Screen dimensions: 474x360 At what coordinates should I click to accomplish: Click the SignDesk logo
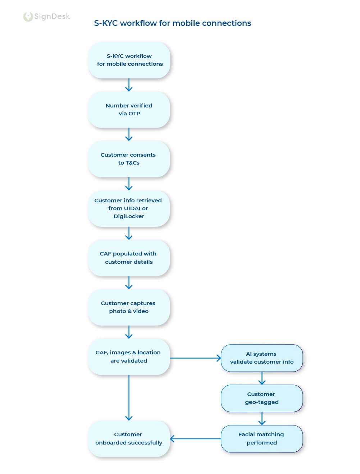[46, 17]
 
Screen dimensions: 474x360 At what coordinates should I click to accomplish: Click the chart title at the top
[172, 23]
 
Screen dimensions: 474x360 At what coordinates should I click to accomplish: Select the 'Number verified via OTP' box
[129, 110]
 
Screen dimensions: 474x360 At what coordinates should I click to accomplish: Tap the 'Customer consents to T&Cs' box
[129, 159]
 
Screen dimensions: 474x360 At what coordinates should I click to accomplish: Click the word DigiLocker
[129, 216]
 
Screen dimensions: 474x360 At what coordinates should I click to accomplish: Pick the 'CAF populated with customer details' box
[129, 258]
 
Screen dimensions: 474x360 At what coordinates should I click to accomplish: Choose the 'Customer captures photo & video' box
[129, 307]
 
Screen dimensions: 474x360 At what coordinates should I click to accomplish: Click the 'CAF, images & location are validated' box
[129, 356]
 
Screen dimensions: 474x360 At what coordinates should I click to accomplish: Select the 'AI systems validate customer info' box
[262, 358]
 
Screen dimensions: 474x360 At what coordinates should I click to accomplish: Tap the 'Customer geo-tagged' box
[262, 398]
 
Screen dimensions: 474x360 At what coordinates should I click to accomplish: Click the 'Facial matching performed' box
[262, 438]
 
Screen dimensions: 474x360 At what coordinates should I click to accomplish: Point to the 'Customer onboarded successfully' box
[129, 438]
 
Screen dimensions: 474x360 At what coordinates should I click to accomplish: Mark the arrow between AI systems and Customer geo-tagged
[262, 378]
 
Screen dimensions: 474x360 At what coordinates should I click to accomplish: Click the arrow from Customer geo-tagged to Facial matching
[262, 418]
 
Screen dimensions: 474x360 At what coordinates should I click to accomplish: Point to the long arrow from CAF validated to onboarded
[129, 397]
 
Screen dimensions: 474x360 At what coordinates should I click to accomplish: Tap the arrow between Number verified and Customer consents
[129, 134]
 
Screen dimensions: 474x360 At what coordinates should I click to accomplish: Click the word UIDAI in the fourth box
[132, 208]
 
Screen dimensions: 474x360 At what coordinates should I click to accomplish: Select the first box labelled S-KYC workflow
[129, 60]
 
